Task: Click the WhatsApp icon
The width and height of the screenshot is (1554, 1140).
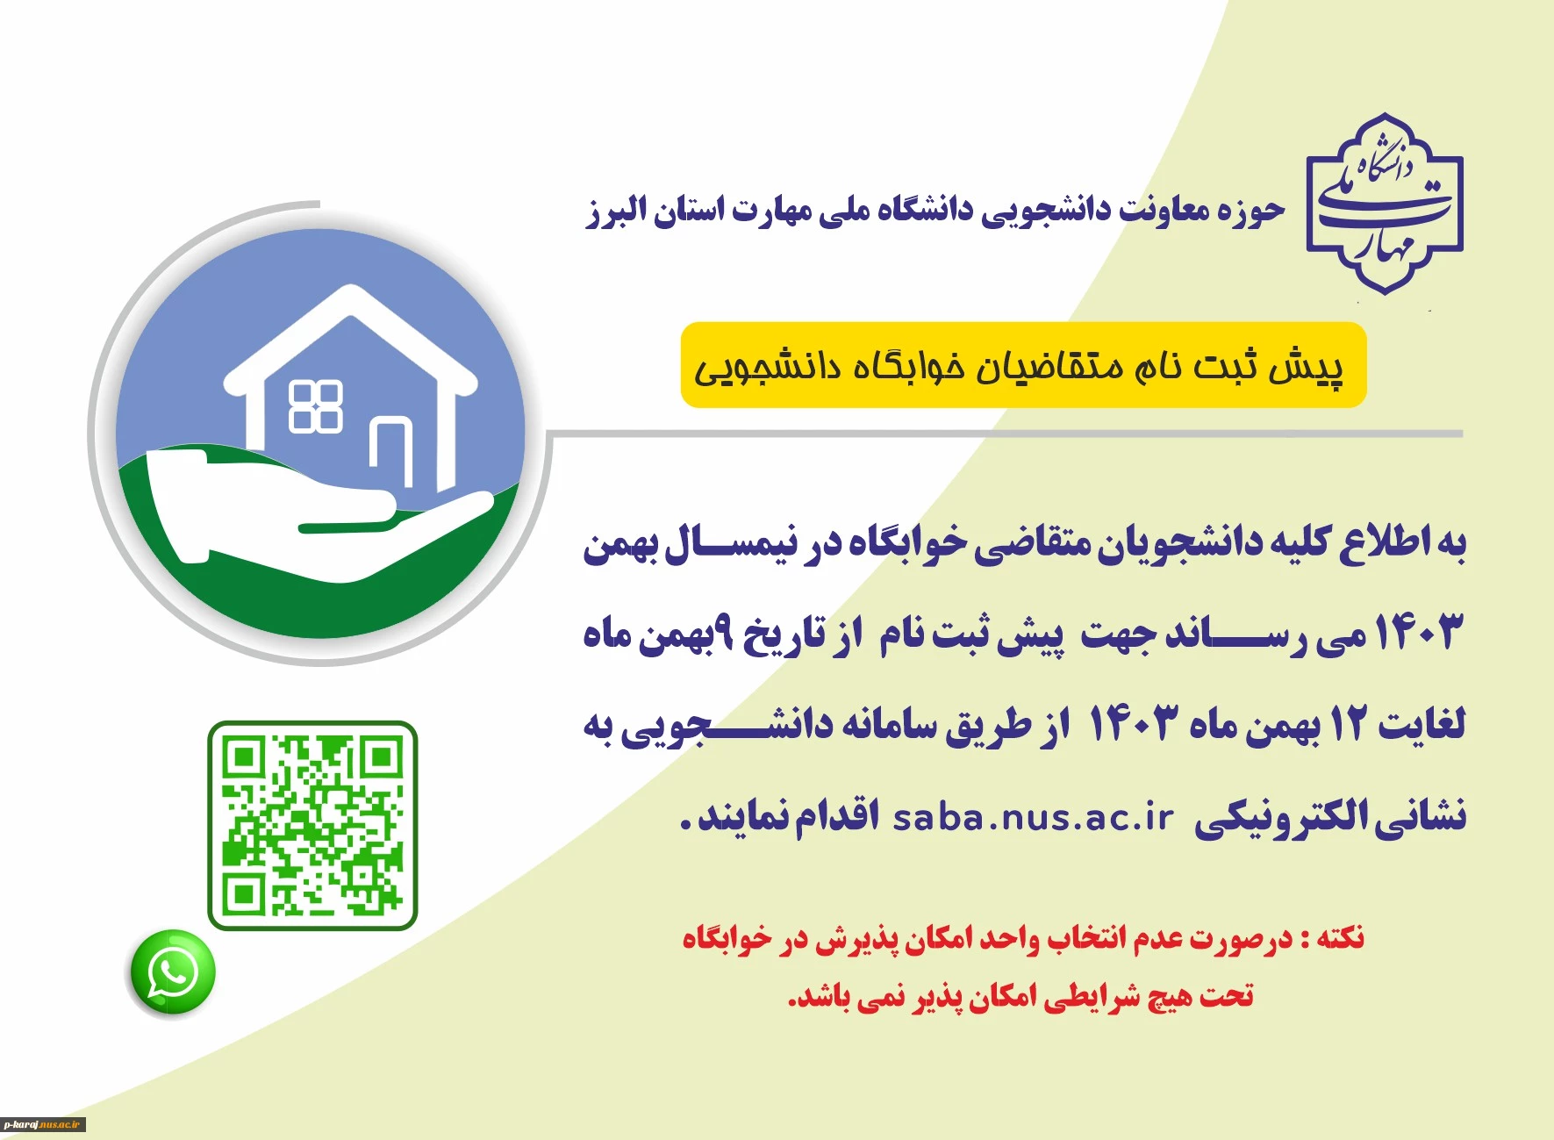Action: (173, 972)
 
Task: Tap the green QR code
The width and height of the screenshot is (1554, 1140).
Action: (312, 825)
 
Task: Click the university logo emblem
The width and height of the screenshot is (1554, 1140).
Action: (1385, 204)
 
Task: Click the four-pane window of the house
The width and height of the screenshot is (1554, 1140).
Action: (316, 407)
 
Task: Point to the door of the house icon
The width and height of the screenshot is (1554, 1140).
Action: (391, 451)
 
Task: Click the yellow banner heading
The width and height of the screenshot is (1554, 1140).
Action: (1023, 365)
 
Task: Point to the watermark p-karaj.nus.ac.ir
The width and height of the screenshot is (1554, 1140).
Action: (43, 1124)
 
